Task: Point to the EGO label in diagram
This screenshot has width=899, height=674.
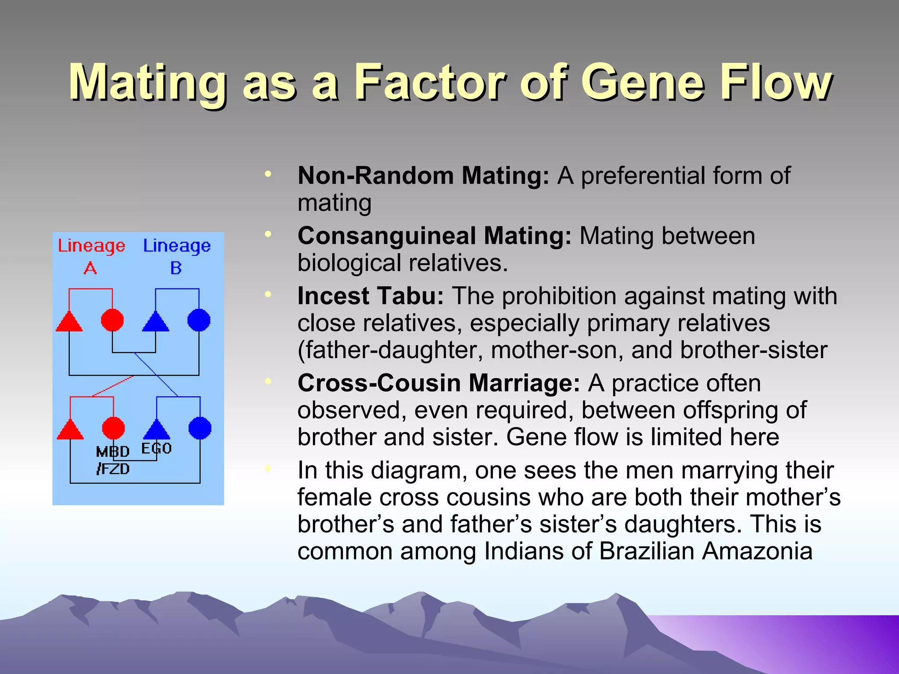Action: click(x=156, y=448)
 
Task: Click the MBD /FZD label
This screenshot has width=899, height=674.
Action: click(x=113, y=460)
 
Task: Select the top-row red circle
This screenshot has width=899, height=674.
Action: click(x=112, y=320)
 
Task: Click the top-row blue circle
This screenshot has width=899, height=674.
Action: click(x=199, y=320)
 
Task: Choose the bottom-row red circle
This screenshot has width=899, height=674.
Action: click(x=113, y=428)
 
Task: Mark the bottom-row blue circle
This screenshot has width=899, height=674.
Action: click(x=200, y=428)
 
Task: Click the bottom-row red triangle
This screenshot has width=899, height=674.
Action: click(x=70, y=430)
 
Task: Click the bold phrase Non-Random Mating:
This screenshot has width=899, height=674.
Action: click(x=423, y=176)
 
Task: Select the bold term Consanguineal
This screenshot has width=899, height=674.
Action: click(x=386, y=236)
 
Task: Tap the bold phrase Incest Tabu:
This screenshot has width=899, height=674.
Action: click(x=370, y=296)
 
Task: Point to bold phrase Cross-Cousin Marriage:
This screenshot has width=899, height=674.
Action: click(x=439, y=383)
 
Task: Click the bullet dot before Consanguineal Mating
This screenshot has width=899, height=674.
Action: click(x=268, y=234)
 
